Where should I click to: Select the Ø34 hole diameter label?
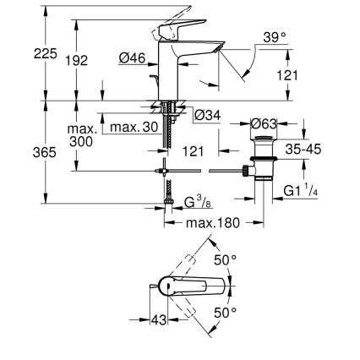[206, 115]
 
